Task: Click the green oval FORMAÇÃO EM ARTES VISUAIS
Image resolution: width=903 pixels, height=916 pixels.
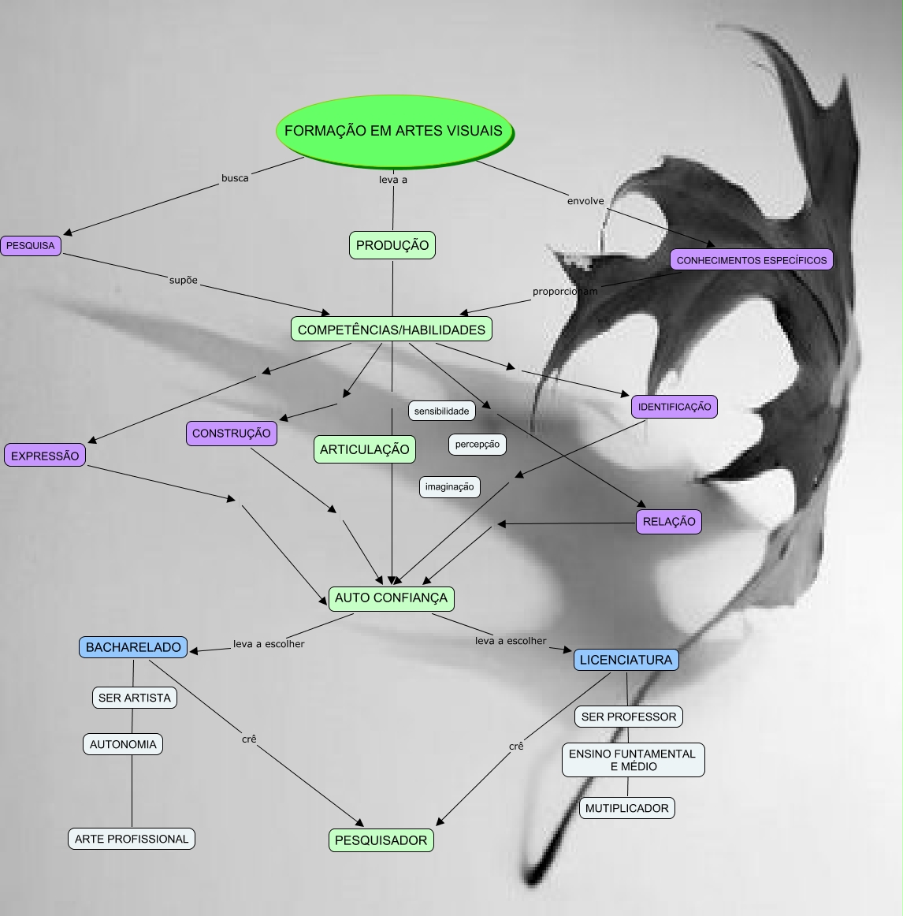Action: (x=393, y=131)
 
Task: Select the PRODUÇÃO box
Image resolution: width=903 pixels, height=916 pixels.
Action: (x=392, y=245)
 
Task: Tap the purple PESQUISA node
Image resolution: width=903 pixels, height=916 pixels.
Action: (x=31, y=246)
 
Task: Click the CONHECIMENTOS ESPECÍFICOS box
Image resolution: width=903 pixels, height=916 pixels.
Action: (x=752, y=260)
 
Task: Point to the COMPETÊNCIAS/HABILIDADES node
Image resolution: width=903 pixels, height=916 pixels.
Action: (x=392, y=330)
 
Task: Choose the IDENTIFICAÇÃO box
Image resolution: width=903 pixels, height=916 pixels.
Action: (x=674, y=407)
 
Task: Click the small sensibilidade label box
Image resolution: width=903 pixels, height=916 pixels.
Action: (x=441, y=411)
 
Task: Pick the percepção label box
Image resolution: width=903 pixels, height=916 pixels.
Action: (x=478, y=444)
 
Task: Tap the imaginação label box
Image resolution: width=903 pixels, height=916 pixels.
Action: (x=450, y=486)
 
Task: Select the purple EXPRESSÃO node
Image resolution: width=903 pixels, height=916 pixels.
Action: (x=45, y=456)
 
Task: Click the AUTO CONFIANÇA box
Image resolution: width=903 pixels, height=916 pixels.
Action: (x=391, y=598)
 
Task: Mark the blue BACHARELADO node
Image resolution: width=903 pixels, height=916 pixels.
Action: (x=133, y=647)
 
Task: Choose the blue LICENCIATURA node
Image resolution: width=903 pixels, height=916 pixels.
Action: (x=626, y=660)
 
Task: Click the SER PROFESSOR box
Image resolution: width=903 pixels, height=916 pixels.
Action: (x=629, y=717)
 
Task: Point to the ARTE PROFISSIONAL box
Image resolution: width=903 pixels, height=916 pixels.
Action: (x=132, y=839)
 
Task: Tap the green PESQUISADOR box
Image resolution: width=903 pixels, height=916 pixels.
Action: (x=381, y=840)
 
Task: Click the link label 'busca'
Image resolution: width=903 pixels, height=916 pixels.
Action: (x=235, y=178)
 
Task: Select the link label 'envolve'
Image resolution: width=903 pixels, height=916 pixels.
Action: (x=585, y=201)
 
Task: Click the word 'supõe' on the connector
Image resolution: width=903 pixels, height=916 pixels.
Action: (x=184, y=280)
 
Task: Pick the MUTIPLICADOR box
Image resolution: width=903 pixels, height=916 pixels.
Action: (x=627, y=808)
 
